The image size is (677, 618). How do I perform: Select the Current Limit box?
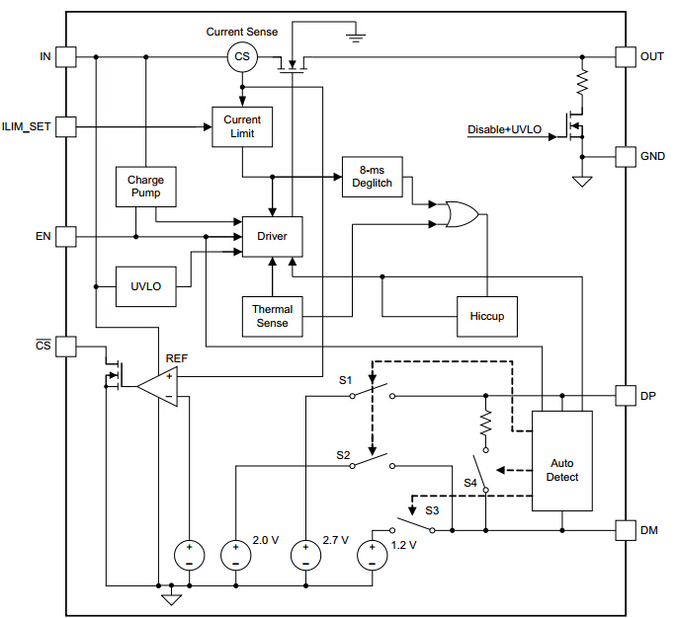[242, 126]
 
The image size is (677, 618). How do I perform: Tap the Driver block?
[272, 236]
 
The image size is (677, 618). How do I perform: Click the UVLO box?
[145, 286]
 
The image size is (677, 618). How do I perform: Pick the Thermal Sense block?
[272, 316]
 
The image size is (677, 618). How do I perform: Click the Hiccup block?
[486, 316]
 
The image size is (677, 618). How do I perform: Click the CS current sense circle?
[242, 57]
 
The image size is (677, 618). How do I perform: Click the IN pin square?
[66, 57]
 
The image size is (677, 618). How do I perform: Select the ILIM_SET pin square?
[66, 126]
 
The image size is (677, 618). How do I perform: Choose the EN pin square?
[66, 236]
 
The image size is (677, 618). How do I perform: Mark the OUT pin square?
[626, 57]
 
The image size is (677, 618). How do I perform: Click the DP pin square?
[626, 396]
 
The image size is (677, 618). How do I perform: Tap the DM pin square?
[626, 530]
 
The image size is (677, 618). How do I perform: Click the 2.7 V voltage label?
[337, 541]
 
